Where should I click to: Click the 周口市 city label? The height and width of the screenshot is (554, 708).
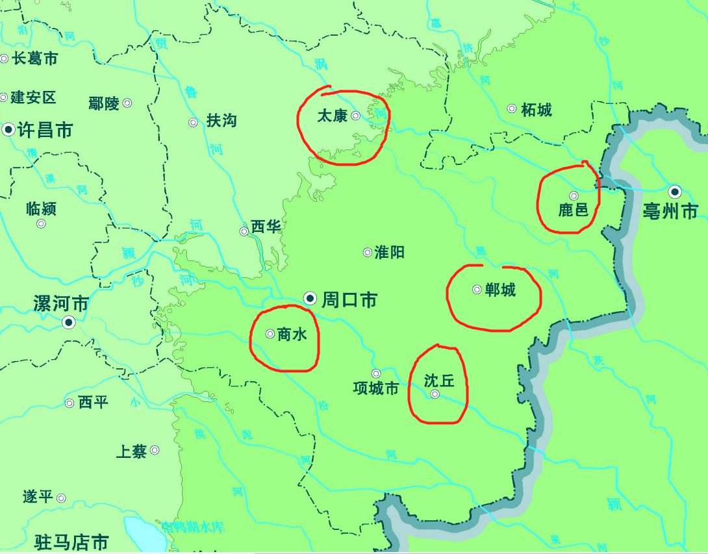[x=349, y=300]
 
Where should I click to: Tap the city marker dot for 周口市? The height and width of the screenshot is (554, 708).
[x=310, y=299]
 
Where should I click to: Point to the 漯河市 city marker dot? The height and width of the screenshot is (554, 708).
[x=68, y=323]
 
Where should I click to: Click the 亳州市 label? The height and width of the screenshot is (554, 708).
[x=670, y=211]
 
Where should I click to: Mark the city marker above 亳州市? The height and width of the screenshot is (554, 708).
[x=675, y=192]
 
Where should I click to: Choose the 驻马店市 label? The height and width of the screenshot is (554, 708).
[x=71, y=541]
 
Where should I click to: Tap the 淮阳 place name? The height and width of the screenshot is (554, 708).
[x=390, y=252]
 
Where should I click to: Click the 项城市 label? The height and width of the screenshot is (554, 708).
[x=375, y=388]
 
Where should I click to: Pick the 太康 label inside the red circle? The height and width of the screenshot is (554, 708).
[x=332, y=116]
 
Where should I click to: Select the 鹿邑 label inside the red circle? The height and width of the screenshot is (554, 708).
[x=573, y=210]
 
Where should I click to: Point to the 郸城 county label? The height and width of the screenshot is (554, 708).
[x=500, y=290]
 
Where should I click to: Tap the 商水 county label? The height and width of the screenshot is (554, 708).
[x=291, y=334]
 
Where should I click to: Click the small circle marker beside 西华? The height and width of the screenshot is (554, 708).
[x=244, y=231]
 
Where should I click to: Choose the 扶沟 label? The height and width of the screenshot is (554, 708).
[x=221, y=121]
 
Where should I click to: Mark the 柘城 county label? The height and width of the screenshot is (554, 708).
[x=537, y=109]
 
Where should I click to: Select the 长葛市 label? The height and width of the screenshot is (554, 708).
[x=35, y=58]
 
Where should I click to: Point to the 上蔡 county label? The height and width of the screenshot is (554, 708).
[x=131, y=451]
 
